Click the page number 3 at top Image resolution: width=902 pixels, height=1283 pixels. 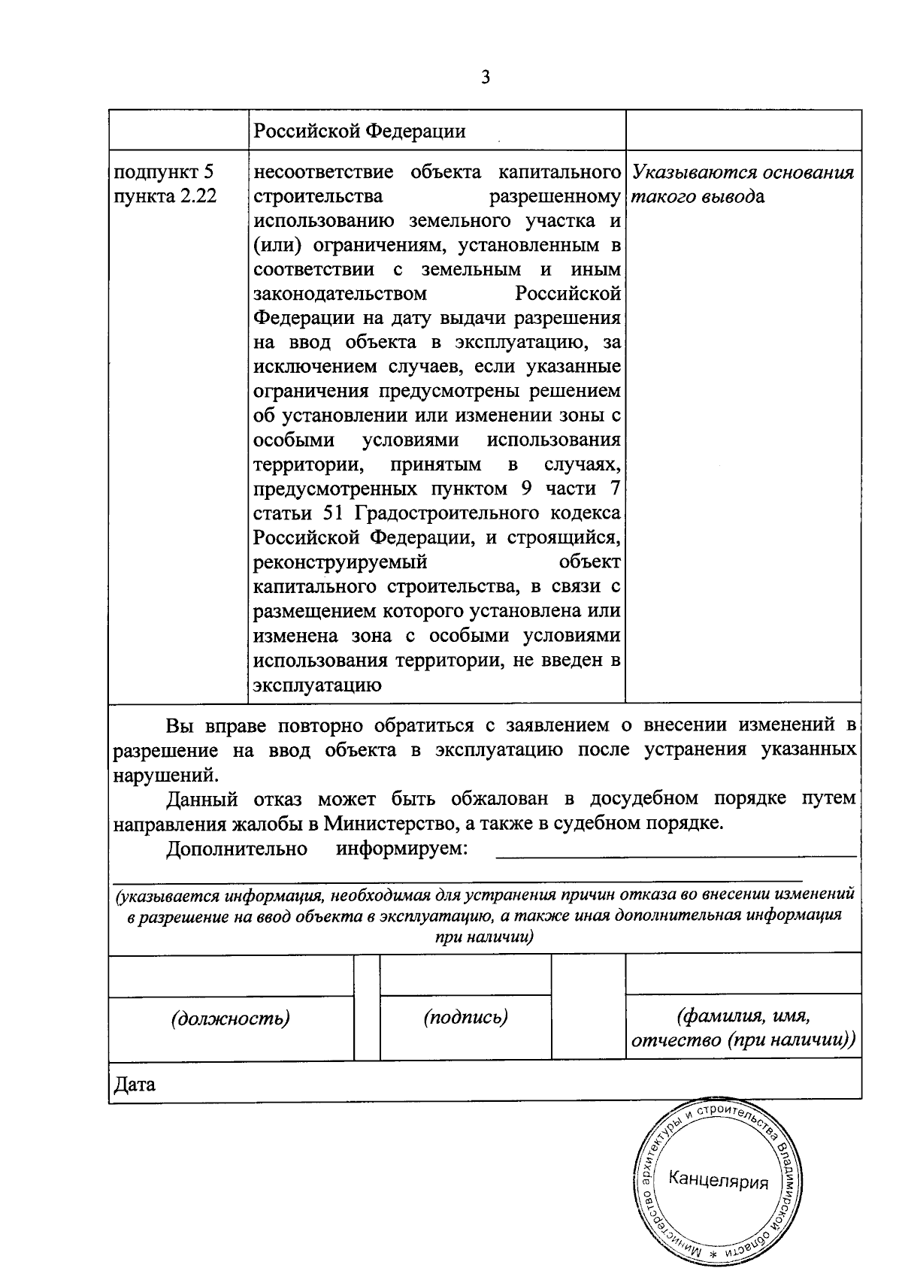(486, 77)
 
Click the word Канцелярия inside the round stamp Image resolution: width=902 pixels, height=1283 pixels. (719, 1180)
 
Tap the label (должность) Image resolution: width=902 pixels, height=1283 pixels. (231, 1018)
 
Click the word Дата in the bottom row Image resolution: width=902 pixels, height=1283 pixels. (135, 1085)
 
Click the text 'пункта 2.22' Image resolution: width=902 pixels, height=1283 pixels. (165, 197)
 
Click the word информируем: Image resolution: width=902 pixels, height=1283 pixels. (402, 849)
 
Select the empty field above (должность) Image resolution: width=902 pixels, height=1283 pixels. (231, 976)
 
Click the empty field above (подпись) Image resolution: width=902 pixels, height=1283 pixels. (465, 976)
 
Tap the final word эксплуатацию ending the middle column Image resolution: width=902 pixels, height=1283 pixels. (317, 685)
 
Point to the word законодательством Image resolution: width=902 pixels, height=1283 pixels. (341, 293)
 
